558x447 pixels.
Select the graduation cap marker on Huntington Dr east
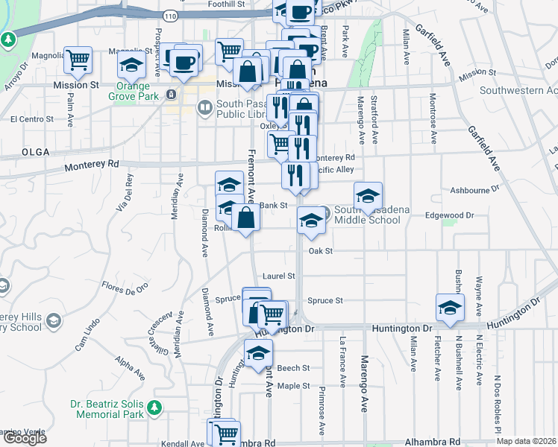pos(450,308)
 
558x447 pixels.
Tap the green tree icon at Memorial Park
pos(154,408)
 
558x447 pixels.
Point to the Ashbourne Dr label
pos(474,189)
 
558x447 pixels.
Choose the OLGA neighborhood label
pos(35,152)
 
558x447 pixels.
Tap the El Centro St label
pos(34,118)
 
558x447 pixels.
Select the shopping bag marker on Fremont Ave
pos(246,219)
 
